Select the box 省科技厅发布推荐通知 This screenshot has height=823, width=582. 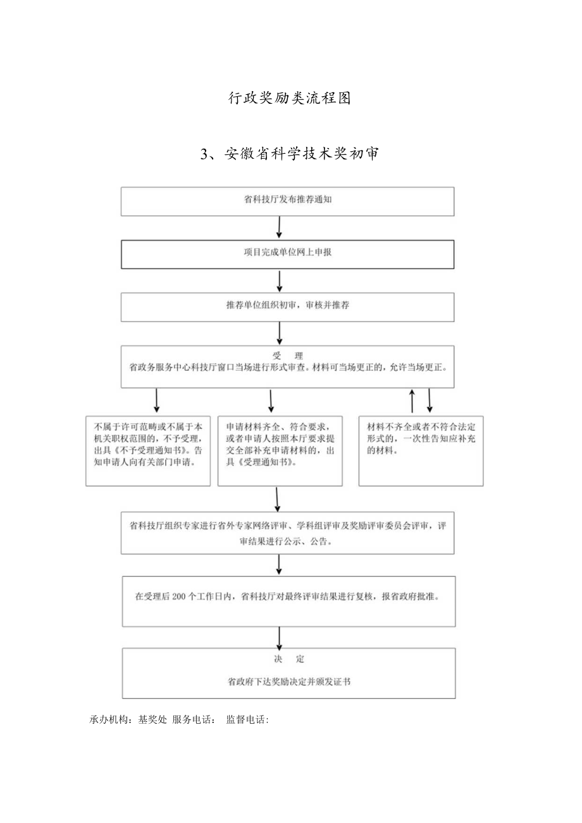pos(288,201)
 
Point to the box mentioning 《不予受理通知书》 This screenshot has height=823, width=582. pos(148,450)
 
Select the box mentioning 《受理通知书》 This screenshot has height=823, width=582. pos(280,450)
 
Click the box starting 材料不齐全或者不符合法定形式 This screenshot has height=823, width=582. pos(421,450)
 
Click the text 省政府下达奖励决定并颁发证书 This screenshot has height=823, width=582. pos(288,683)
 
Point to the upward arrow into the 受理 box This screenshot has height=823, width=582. pos(412,401)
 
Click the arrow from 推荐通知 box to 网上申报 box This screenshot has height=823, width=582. pos(279,227)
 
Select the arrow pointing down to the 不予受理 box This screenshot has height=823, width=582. pos(156,401)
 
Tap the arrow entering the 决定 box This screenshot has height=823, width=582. pos(279,636)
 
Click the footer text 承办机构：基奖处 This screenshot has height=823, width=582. pos(128,719)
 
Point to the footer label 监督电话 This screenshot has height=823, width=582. pos(247,719)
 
